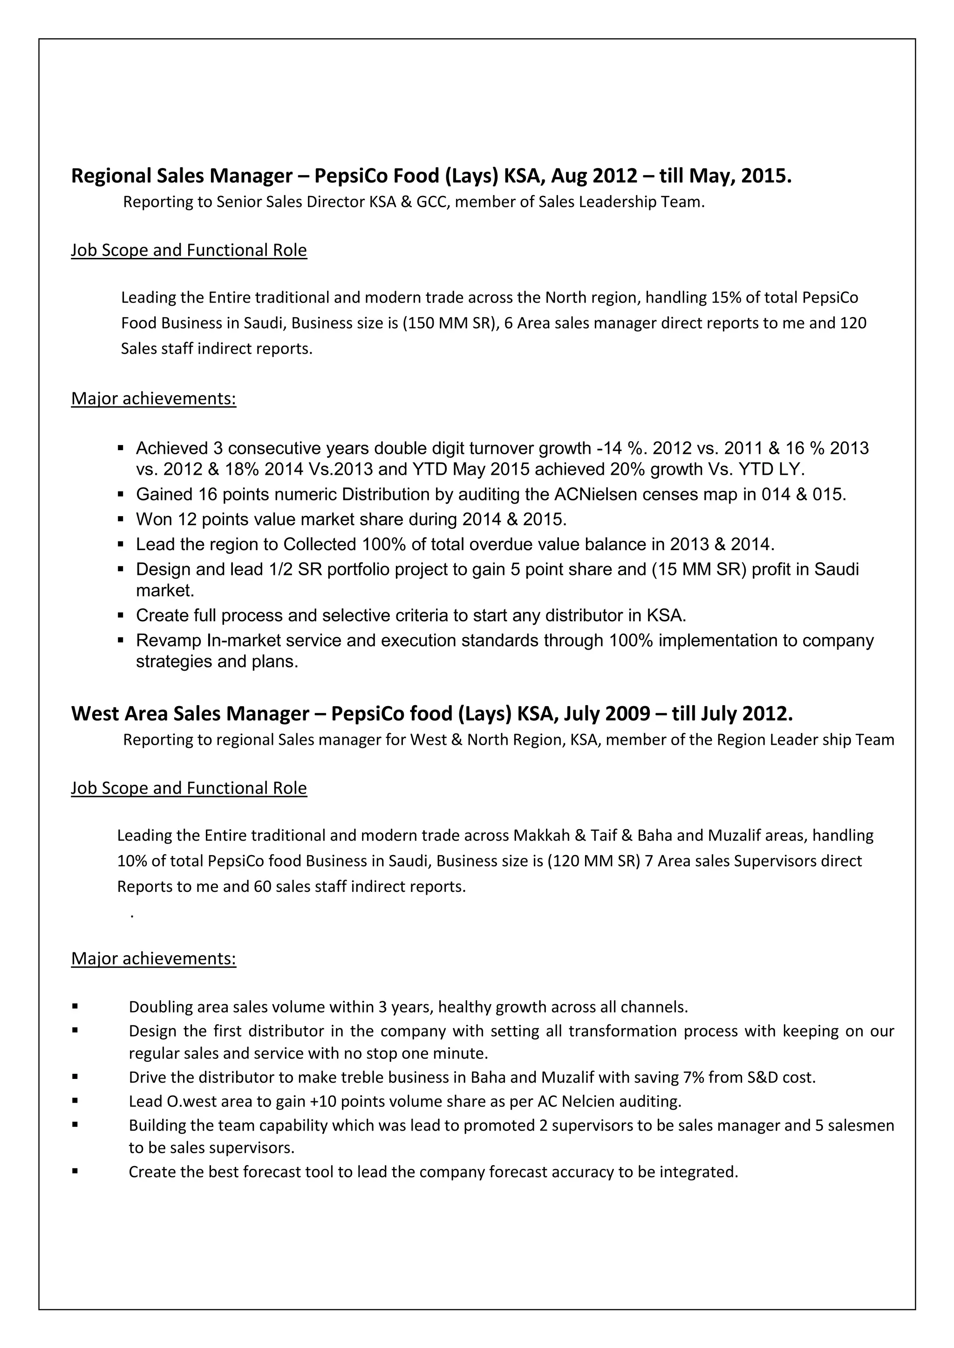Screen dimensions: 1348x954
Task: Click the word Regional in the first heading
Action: tap(109, 175)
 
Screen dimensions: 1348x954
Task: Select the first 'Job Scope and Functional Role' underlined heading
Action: tap(189, 251)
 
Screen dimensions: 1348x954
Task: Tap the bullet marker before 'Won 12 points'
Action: tap(121, 519)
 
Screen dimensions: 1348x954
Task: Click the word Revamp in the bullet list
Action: tap(169, 640)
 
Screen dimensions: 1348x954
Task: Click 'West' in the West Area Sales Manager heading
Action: tap(92, 714)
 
